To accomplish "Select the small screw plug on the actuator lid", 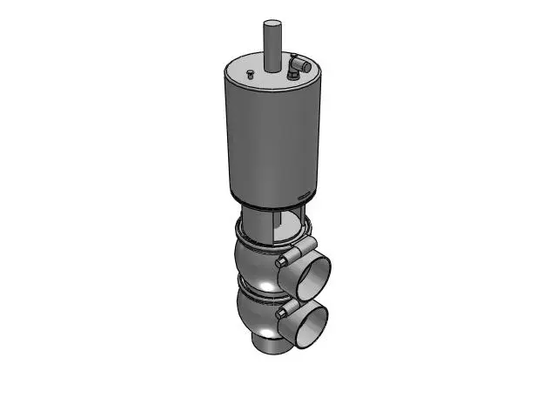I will [x=249, y=73].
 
